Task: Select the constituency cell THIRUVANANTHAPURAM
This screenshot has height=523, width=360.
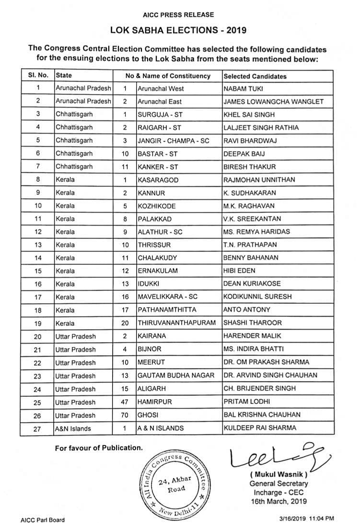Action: pos(176,323)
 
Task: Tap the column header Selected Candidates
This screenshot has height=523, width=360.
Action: pos(255,76)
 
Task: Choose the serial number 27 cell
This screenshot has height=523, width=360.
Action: pos(37,428)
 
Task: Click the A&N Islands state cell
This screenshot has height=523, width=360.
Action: pos(73,428)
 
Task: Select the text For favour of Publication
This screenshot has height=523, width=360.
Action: pos(99,448)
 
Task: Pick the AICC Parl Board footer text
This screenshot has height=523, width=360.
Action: pos(43,519)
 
